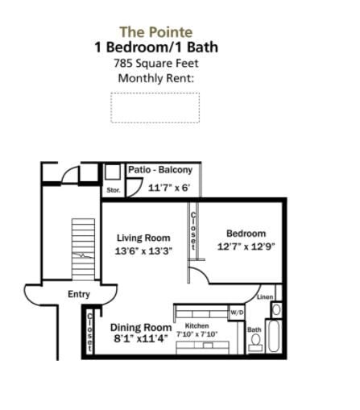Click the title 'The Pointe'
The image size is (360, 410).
pyautogui.click(x=155, y=32)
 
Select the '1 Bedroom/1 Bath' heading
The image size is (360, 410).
pyautogui.click(x=155, y=48)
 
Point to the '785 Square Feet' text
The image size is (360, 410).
pyautogui.click(x=155, y=63)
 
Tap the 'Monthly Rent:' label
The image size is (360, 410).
pyautogui.click(x=155, y=78)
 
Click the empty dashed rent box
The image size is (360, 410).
pyautogui.click(x=155, y=107)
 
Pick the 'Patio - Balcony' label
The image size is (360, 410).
pyautogui.click(x=159, y=170)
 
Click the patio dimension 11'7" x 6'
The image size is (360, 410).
pyautogui.click(x=169, y=188)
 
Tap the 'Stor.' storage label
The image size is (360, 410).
pyautogui.click(x=113, y=190)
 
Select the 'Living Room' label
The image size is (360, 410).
pyautogui.click(x=143, y=238)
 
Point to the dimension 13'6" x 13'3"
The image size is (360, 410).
pyautogui.click(x=143, y=251)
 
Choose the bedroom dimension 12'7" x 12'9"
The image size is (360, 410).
pyautogui.click(x=245, y=246)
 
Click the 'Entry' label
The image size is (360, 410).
pyautogui.click(x=79, y=294)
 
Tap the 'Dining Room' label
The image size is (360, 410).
pyautogui.click(x=140, y=327)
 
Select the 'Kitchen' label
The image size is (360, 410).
pyautogui.click(x=197, y=325)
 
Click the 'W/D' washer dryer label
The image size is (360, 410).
pyautogui.click(x=236, y=312)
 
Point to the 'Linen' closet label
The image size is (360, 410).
pyautogui.click(x=266, y=297)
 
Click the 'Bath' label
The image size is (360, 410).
pyautogui.click(x=254, y=329)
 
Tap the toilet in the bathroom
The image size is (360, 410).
pyautogui.click(x=255, y=343)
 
